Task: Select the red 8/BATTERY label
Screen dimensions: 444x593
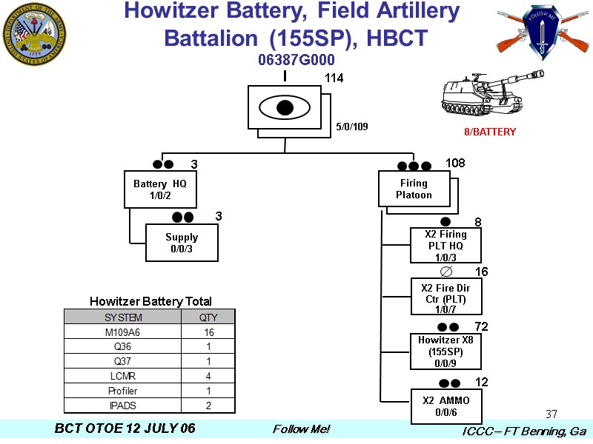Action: [x=489, y=132]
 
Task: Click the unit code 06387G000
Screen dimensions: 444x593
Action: [x=296, y=59]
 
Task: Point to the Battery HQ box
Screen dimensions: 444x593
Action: [x=160, y=189]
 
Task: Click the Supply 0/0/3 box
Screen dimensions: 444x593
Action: [x=182, y=243]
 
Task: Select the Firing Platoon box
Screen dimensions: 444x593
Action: [x=414, y=189]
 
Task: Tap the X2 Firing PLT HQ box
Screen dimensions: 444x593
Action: [x=445, y=246]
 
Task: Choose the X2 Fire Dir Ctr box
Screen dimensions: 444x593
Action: [x=445, y=297]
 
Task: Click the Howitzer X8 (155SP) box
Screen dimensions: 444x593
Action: [x=445, y=351]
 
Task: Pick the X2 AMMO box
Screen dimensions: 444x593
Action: [x=445, y=406]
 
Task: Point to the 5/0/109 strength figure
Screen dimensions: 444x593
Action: [x=351, y=127]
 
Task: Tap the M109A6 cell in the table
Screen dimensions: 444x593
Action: [x=123, y=332]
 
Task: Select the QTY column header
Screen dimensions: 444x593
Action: [x=209, y=317]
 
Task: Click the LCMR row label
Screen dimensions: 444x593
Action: [x=123, y=376]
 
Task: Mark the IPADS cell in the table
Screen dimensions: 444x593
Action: [x=123, y=406]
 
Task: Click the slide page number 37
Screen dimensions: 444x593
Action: [x=551, y=414]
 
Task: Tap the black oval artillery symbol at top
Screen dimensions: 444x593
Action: [x=284, y=107]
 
